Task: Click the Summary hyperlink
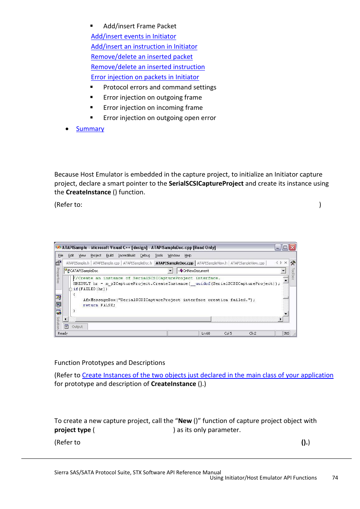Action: pyautogui.click(x=90, y=129)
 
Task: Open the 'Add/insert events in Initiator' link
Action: pyautogui.click(x=133, y=36)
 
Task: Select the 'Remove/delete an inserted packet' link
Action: pyautogui.click(x=142, y=57)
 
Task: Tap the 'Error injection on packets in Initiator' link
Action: pyautogui.click(x=145, y=77)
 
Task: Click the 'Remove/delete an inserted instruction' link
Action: pyautogui.click(x=148, y=67)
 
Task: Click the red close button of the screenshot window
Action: pyautogui.click(x=292, y=248)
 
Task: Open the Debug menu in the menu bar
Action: pyautogui.click(x=145, y=255)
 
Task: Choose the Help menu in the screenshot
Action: pyautogui.click(x=188, y=255)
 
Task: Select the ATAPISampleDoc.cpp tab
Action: pyautogui.click(x=174, y=263)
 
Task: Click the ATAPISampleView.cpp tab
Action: pyautogui.click(x=248, y=263)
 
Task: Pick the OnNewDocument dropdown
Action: pyautogui.click(x=231, y=271)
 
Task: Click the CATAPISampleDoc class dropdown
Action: pyautogui.click(x=118, y=271)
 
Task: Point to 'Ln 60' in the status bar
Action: pyautogui.click(x=206, y=334)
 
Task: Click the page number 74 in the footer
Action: pyautogui.click(x=335, y=478)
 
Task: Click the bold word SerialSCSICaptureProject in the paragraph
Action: pyautogui.click(x=206, y=183)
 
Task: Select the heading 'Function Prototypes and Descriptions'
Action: pyautogui.click(x=109, y=363)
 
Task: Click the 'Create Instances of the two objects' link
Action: pyautogui.click(x=208, y=375)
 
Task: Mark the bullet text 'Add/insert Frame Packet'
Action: pyautogui.click(x=140, y=26)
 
